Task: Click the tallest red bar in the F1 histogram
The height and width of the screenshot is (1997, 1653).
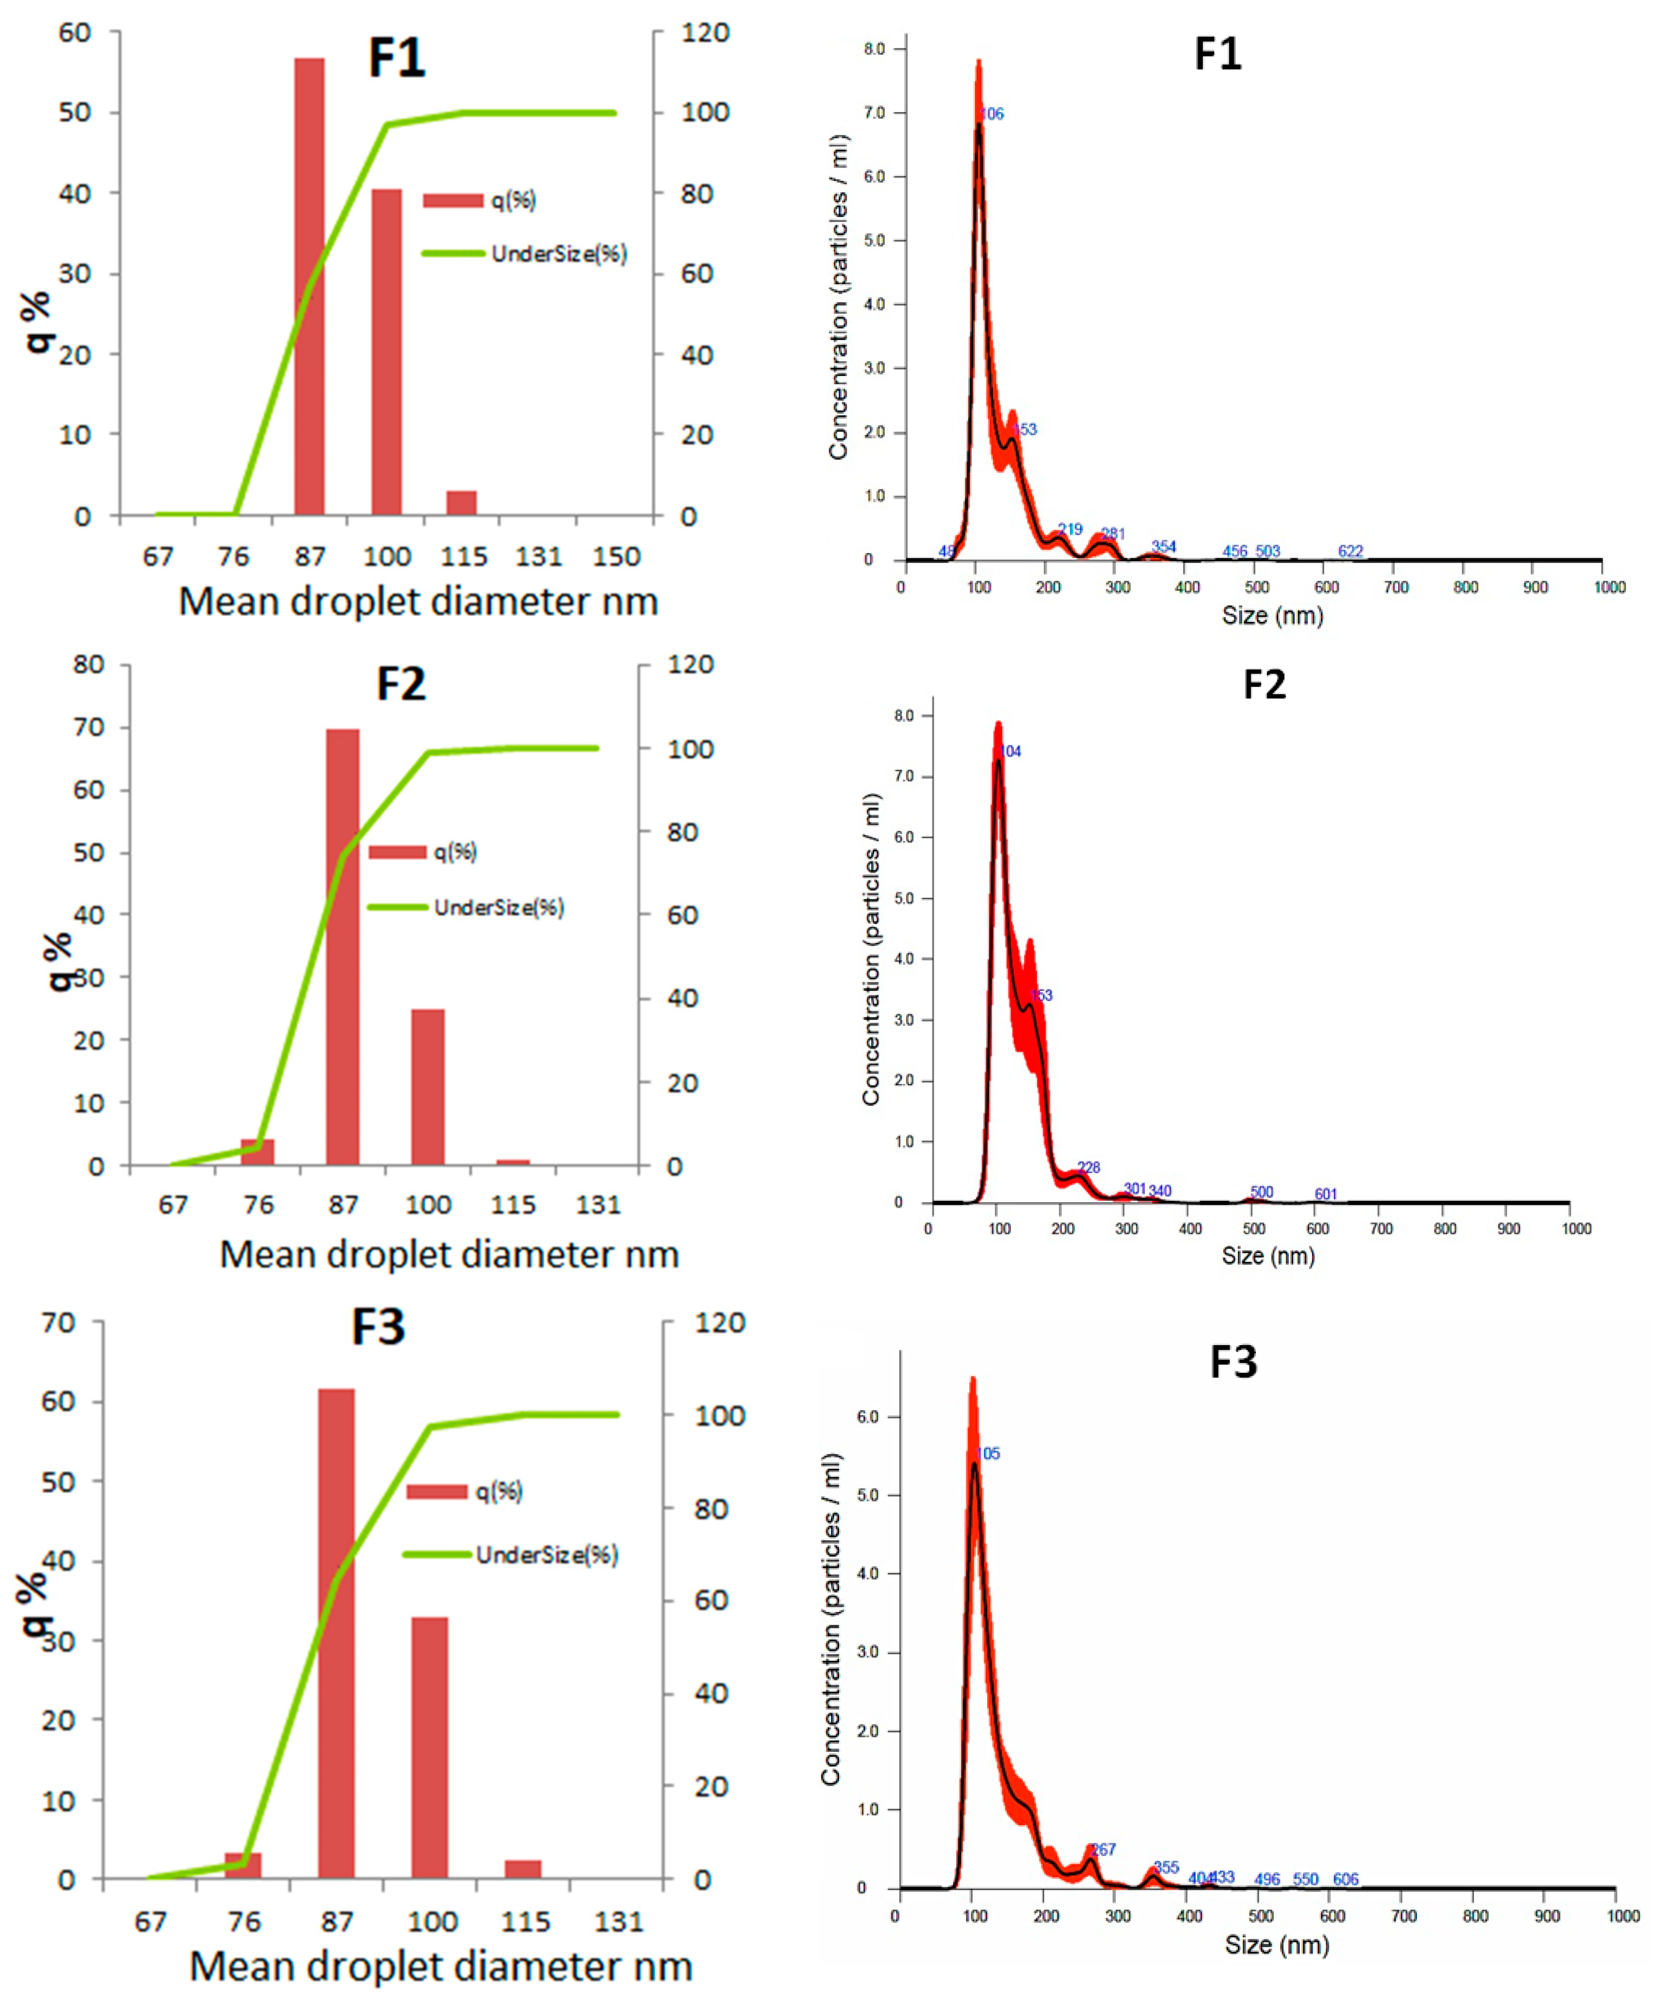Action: (309, 285)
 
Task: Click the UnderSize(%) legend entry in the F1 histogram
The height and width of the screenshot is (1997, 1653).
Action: (525, 254)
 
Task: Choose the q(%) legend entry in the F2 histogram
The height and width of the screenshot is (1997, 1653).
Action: (423, 851)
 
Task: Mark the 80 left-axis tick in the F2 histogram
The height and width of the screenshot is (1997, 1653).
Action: (88, 664)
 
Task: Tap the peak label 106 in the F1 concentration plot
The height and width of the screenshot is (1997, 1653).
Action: (991, 114)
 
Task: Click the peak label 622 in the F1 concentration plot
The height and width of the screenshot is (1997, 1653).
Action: (1350, 552)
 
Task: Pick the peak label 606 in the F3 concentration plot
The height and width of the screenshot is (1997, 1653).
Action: (1345, 1879)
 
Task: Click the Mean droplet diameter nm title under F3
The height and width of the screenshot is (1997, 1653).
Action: (440, 1966)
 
